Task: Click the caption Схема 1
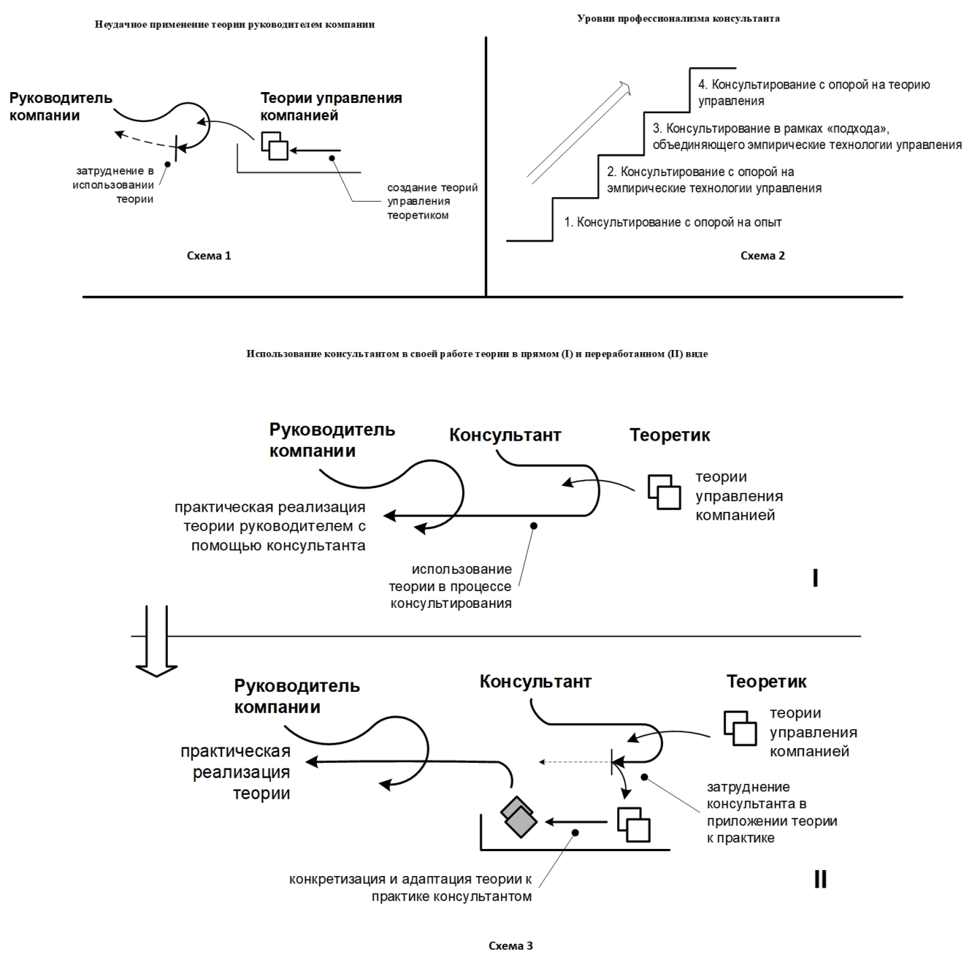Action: [209, 256]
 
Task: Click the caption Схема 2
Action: [762, 256]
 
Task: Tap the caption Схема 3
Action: [511, 945]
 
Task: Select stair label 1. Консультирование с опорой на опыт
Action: [673, 222]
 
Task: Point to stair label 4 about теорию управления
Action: [813, 93]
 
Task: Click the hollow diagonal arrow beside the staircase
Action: [579, 131]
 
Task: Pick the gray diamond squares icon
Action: [519, 816]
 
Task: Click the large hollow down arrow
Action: [156, 641]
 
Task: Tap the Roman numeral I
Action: [815, 578]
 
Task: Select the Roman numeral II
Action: [820, 879]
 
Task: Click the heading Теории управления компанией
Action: [331, 106]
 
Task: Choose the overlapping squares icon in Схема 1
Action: [274, 146]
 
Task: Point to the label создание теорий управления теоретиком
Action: [432, 201]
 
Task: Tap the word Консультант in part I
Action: [505, 435]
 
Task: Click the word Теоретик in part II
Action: [766, 682]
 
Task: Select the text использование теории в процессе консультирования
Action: [450, 586]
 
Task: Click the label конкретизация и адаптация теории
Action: [410, 888]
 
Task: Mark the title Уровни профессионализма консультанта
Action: [679, 19]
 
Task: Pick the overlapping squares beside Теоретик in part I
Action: [664, 492]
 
